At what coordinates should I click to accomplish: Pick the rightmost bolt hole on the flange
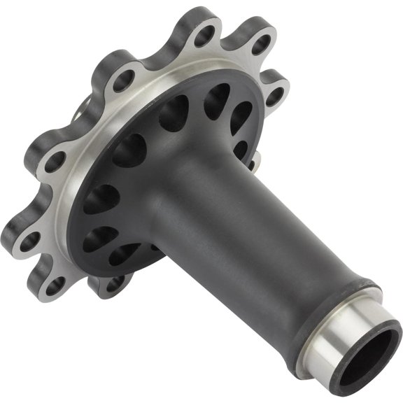point(274,97)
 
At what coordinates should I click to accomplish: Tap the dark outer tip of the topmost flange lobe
point(203,15)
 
